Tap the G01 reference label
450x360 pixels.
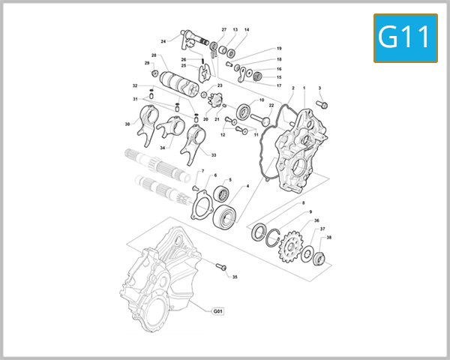coord(218,310)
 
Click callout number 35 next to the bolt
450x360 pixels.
coord(235,277)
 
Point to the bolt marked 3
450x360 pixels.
coord(321,105)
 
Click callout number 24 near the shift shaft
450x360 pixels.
coord(163,41)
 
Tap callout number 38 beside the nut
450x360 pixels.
coord(329,238)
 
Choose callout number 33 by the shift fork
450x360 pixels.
coord(213,155)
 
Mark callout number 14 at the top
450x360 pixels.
coord(247,30)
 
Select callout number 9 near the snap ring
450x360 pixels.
coord(310,212)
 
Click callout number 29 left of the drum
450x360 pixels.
coord(147,63)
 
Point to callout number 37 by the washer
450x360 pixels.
coord(322,229)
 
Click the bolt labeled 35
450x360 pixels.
coord(221,267)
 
